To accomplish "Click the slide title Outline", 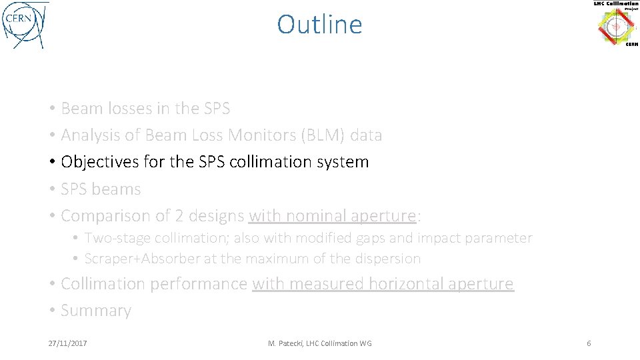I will (x=319, y=25).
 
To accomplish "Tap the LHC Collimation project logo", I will (x=615, y=25).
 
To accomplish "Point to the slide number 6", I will (x=589, y=343).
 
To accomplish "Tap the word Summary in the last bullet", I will (x=96, y=311).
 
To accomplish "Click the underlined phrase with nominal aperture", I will (x=332, y=216).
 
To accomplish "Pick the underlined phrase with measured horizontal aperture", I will (x=383, y=284).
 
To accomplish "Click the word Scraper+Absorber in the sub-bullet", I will (x=142, y=259).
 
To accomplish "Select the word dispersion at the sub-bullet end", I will (x=389, y=259).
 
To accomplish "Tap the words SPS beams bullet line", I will (x=101, y=189).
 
